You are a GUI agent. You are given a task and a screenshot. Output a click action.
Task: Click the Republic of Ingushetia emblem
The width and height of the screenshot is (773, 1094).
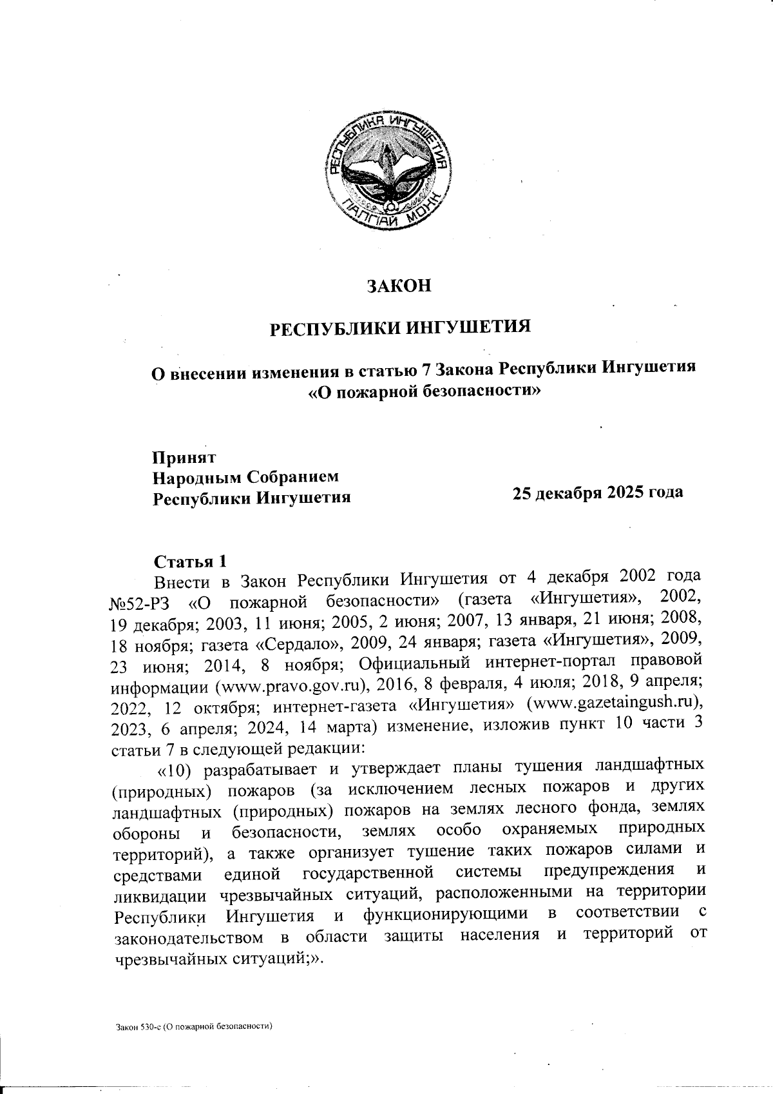tap(386, 173)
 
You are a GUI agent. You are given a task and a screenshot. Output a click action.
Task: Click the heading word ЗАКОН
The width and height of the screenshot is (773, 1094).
tap(399, 286)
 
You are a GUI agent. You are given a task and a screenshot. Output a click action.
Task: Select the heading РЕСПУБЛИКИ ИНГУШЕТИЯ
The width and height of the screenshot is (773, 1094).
tap(399, 327)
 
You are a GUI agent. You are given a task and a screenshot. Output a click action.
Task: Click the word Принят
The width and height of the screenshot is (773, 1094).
tap(184, 457)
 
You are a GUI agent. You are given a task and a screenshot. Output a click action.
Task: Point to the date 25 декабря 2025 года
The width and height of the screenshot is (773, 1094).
tap(597, 493)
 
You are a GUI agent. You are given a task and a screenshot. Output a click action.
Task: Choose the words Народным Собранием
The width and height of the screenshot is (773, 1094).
tap(245, 478)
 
